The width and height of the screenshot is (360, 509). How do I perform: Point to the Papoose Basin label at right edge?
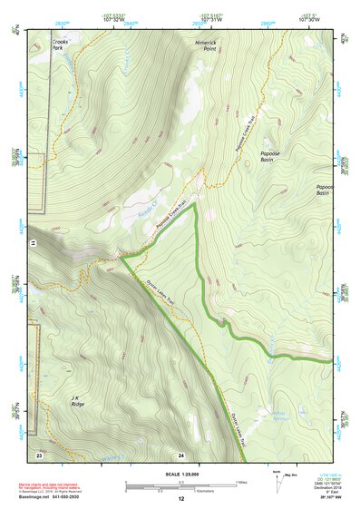tap(323, 190)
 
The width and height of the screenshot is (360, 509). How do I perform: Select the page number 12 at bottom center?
tap(180, 498)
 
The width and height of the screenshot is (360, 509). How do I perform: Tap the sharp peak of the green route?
tap(194, 205)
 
